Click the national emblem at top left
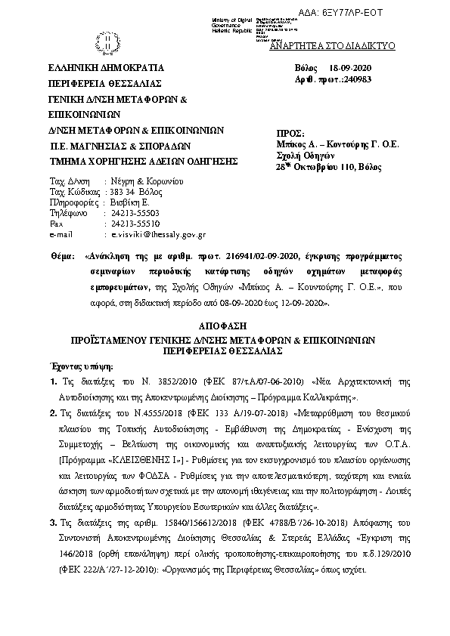[109, 39]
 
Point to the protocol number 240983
[346, 81]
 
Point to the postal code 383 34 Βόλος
[135, 193]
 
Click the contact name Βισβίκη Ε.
[126, 203]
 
